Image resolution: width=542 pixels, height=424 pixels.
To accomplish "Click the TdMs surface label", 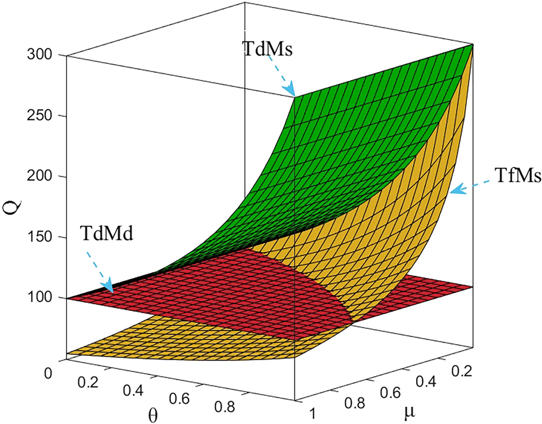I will pyautogui.click(x=266, y=51).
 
